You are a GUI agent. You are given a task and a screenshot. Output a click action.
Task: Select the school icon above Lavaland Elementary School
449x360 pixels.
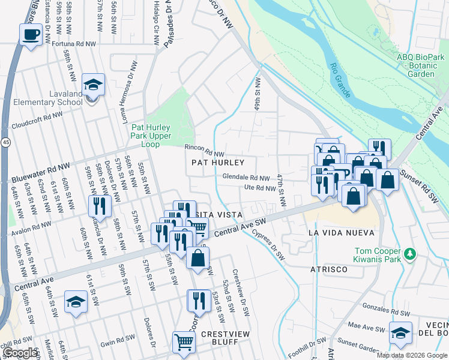pyautogui.click(x=93, y=85)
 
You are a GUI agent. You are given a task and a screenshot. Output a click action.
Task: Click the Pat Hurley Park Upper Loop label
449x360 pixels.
pyautogui.click(x=151, y=136)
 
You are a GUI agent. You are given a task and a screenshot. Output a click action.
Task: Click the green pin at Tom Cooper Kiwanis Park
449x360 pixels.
pyautogui.click(x=411, y=254)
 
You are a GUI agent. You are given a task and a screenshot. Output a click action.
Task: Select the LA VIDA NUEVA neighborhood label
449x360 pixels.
pyautogui.click(x=340, y=232)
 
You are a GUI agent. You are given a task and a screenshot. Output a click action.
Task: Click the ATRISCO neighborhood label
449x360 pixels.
pyautogui.click(x=328, y=269)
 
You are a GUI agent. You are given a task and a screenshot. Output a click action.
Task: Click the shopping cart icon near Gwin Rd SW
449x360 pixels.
pyautogui.click(x=184, y=343)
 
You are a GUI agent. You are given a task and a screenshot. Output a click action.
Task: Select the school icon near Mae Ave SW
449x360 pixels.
pyautogui.click(x=400, y=334)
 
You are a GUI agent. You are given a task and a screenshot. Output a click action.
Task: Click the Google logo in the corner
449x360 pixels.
pyautogui.click(x=20, y=353)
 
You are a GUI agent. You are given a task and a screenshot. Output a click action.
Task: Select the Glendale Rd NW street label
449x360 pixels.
pyautogui.click(x=246, y=178)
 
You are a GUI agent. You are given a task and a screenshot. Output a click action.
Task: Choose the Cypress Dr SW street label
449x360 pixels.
pyautogui.click(x=268, y=246)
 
